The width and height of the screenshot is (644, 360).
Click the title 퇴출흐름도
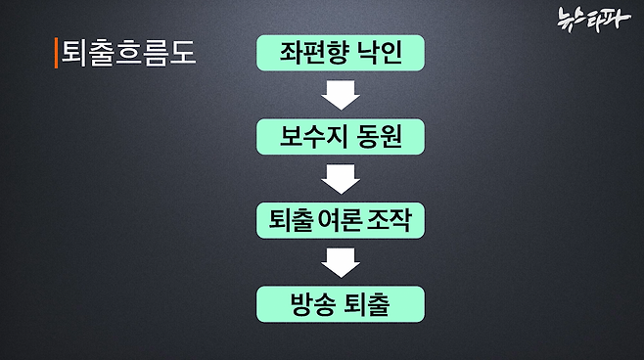pos(128,52)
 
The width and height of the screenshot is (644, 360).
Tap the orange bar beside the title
pos(55,52)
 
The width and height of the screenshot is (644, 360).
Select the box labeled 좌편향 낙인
pos(341,52)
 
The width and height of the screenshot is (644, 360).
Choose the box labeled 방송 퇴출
pos(341,304)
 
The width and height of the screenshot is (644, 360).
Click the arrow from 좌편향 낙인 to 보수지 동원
pos(341,94)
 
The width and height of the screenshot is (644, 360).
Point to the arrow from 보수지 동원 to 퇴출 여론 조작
pos(341,178)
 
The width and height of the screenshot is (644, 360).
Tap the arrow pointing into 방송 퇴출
pos(341,262)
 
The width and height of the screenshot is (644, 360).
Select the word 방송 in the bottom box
pos(313,304)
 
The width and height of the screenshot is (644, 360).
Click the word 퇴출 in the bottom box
pos(369,304)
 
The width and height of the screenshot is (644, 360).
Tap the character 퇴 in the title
pos(74,52)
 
